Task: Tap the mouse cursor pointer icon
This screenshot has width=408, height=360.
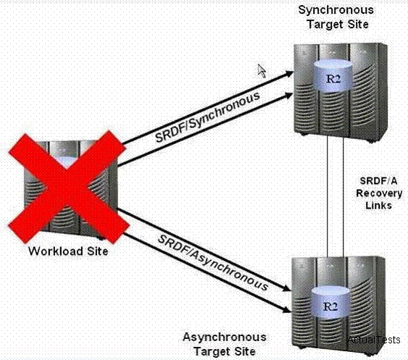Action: click(262, 71)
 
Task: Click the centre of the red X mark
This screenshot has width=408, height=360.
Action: click(68, 188)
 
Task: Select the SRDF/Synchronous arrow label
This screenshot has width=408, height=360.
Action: click(207, 117)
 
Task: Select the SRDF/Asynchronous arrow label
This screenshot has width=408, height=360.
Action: click(213, 263)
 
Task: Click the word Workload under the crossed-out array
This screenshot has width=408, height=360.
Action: click(55, 251)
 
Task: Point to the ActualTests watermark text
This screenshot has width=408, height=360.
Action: click(374, 340)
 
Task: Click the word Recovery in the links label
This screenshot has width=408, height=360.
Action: click(379, 193)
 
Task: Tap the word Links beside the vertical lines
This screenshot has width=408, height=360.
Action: click(378, 205)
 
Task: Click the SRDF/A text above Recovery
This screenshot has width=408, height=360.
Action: click(378, 181)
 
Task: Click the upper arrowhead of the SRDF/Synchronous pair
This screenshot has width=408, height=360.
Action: click(289, 74)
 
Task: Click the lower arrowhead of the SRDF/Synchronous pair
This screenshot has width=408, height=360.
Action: click(289, 96)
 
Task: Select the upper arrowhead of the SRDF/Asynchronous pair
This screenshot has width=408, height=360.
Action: click(286, 288)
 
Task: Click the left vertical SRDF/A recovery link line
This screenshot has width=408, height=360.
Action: click(327, 196)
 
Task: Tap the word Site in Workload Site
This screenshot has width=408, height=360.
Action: click(98, 251)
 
